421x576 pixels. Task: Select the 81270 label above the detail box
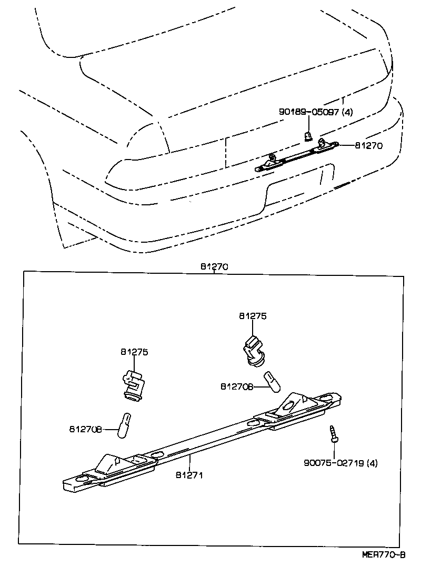pos(214,267)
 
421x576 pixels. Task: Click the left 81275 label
pos(134,352)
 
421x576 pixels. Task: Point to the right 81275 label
pos(253,316)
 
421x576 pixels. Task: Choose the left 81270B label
pos(84,429)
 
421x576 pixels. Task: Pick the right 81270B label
pos(236,387)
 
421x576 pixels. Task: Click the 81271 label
pos(189,474)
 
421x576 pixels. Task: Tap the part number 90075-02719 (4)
pos(340,463)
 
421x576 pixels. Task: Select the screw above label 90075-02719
pos(333,433)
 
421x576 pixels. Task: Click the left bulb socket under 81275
pos(132,385)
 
